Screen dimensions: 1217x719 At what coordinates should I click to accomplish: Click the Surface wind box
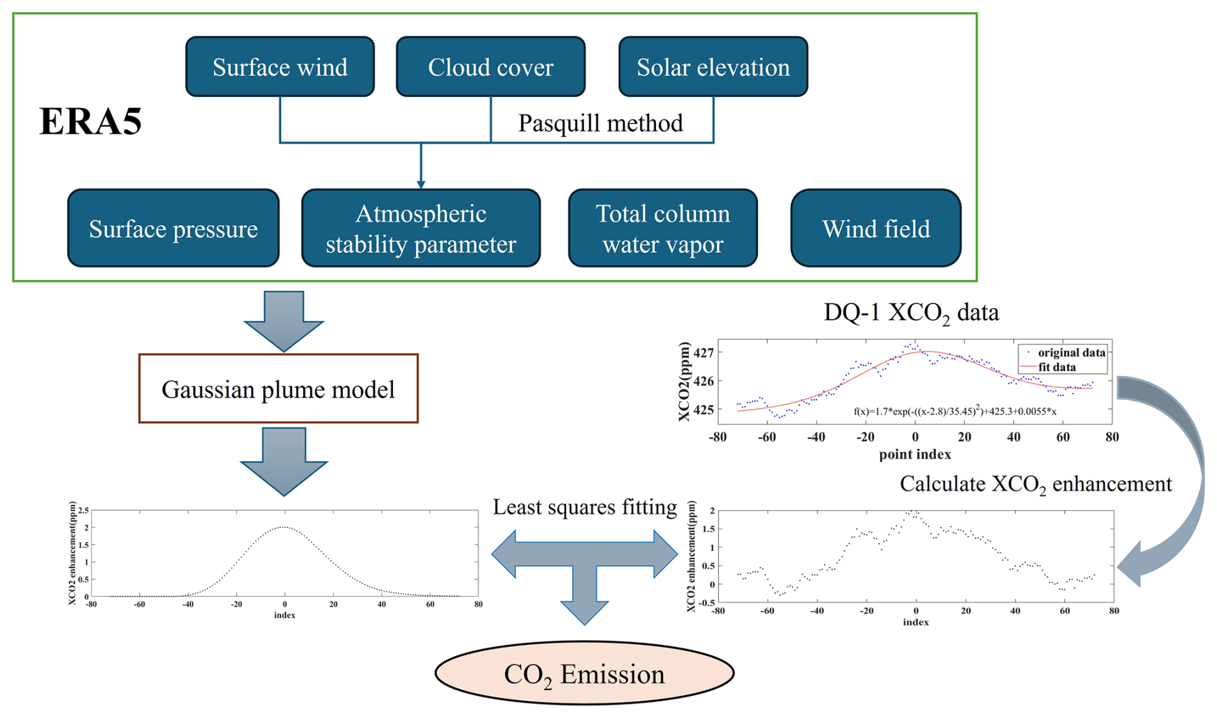(x=280, y=67)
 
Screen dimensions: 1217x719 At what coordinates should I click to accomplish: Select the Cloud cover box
(x=491, y=67)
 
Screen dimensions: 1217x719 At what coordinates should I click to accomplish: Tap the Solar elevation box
(x=713, y=67)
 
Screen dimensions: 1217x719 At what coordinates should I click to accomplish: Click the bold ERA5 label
(x=91, y=121)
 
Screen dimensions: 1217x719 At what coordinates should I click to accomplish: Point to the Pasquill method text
(x=601, y=123)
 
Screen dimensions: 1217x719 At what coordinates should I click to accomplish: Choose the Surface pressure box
(x=174, y=228)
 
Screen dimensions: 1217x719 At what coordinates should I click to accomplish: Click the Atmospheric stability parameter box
(x=421, y=228)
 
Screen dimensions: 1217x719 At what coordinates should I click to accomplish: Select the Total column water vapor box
(x=663, y=228)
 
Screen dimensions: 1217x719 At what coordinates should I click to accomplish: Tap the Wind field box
(x=876, y=228)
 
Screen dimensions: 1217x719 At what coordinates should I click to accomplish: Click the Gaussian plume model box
(x=279, y=388)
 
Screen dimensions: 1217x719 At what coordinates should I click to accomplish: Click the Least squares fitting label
(x=585, y=507)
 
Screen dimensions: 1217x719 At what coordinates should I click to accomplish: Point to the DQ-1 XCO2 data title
(x=911, y=313)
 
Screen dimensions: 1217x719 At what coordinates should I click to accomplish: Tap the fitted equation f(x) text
(x=955, y=410)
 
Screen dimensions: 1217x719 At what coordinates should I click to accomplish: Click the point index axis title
(x=915, y=454)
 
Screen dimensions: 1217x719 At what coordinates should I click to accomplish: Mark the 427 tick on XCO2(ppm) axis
(x=704, y=352)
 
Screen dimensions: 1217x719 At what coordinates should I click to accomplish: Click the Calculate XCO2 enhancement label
(x=1036, y=484)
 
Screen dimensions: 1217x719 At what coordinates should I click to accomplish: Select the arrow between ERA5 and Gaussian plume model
(x=284, y=320)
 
